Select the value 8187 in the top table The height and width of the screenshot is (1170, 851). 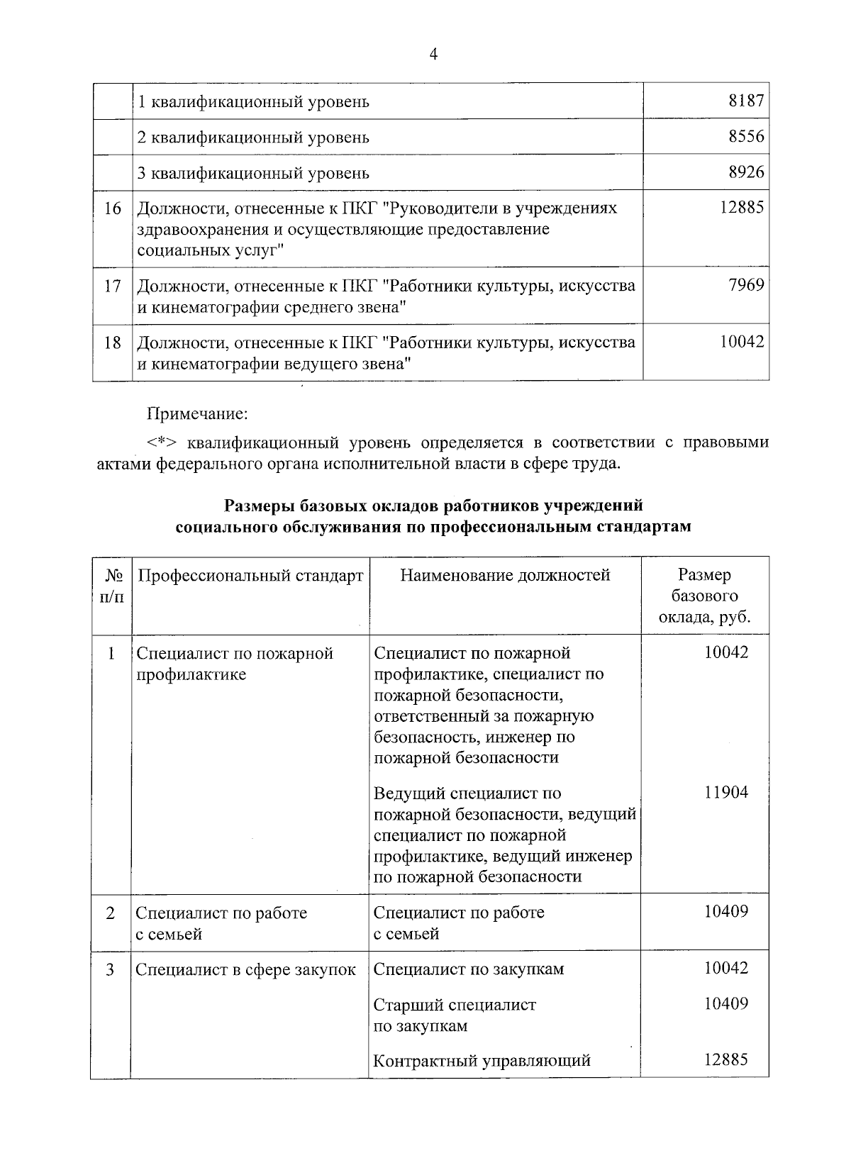coord(746,101)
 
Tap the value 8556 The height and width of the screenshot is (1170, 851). coord(746,136)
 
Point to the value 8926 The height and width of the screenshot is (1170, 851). coord(746,172)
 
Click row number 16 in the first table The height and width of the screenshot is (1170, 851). coord(113,208)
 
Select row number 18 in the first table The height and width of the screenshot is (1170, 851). coord(113,343)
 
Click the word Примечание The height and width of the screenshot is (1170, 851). coord(196,413)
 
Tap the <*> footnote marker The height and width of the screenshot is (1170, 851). coord(163,443)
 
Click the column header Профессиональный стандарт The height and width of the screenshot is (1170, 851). coord(250,575)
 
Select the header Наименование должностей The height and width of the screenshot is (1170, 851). coord(505,575)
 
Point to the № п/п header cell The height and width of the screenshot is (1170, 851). coord(111,586)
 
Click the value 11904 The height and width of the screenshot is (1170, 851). coord(725,793)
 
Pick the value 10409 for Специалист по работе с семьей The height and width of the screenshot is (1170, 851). coord(725,912)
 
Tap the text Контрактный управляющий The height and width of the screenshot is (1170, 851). coord(482,1062)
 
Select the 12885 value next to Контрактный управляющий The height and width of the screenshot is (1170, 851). coord(725,1060)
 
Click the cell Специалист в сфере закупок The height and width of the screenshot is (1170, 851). coord(245,969)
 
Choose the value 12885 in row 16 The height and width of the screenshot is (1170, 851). coord(742,207)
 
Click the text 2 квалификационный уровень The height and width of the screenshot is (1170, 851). coord(253,137)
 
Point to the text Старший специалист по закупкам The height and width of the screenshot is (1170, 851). coord(455,1015)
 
